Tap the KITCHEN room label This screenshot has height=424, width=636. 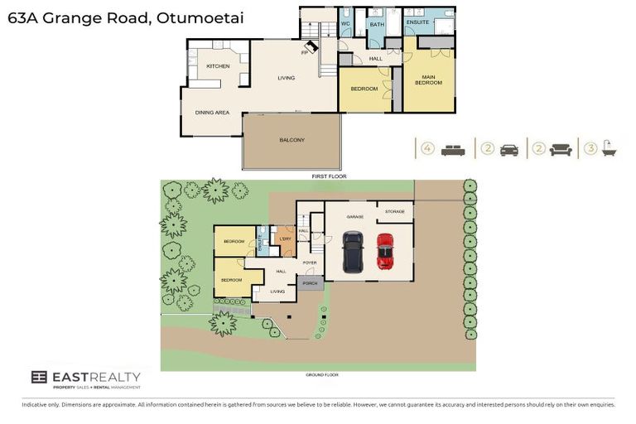click(218, 65)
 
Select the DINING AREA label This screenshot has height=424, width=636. click(212, 112)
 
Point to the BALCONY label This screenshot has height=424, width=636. click(291, 140)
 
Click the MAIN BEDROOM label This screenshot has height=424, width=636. click(428, 80)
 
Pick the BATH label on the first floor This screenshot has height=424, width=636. click(377, 26)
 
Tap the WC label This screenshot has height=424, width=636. click(347, 24)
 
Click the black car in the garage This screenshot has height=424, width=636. click(353, 252)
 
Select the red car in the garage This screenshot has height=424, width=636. click(384, 251)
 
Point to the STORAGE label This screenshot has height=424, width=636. click(395, 212)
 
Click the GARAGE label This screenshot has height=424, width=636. click(355, 216)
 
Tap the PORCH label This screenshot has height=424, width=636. click(311, 284)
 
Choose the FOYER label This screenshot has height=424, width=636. click(311, 263)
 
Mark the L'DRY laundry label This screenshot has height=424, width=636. click(286, 239)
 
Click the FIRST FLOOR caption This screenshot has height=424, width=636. click(329, 176)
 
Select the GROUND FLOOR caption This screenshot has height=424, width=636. click(322, 375)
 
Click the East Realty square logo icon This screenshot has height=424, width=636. click(39, 378)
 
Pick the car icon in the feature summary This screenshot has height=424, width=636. click(509, 149)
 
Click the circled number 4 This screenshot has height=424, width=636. click(427, 149)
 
